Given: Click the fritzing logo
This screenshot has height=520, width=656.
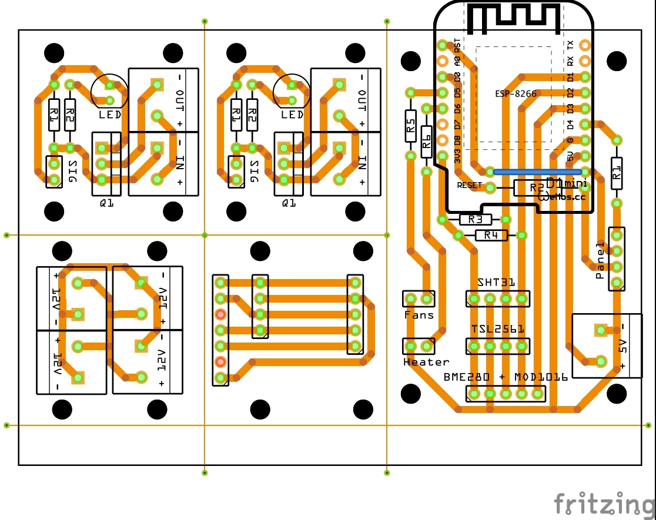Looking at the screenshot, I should (604, 504).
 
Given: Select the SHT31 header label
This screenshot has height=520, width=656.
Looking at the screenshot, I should (497, 283).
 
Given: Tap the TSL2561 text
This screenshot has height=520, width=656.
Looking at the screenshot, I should (498, 329).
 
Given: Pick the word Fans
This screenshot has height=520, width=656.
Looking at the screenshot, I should (419, 315).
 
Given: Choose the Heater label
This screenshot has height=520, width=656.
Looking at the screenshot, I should (426, 362).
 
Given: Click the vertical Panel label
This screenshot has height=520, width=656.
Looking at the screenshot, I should (600, 260).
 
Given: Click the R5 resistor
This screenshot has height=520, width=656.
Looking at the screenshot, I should (411, 125).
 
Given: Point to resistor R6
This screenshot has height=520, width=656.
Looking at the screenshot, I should (427, 140).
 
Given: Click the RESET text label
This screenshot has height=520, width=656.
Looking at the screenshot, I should (469, 186).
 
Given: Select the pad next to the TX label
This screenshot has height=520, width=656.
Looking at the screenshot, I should (584, 45).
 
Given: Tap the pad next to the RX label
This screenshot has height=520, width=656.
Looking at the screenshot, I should (584, 61).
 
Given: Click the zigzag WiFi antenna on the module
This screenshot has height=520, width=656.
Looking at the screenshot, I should (513, 18).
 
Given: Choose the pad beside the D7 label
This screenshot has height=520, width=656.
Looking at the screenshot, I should (443, 124).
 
